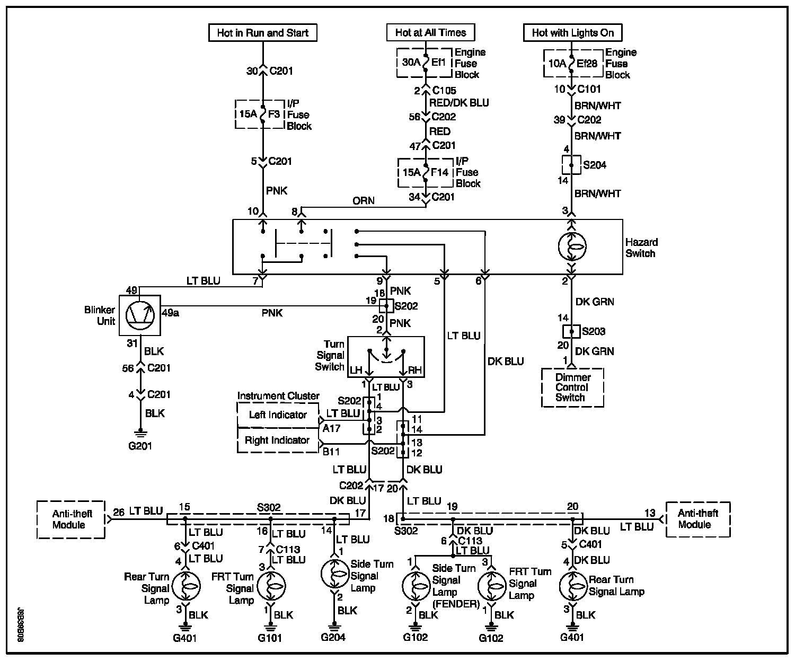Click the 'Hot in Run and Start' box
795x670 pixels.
[262, 33]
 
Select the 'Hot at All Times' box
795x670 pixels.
[430, 32]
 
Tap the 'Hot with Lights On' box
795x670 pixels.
[572, 33]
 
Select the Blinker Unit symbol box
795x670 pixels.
[139, 315]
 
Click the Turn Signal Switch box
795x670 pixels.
[386, 357]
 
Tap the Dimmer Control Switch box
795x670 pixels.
[572, 387]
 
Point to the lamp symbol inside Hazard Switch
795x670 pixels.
[572, 245]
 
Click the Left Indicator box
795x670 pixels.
[278, 415]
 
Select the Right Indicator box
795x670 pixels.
[277, 440]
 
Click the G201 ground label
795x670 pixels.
[140, 446]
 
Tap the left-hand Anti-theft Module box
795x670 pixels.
[72, 519]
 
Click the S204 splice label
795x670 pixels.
[594, 165]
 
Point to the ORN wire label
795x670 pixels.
[363, 200]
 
